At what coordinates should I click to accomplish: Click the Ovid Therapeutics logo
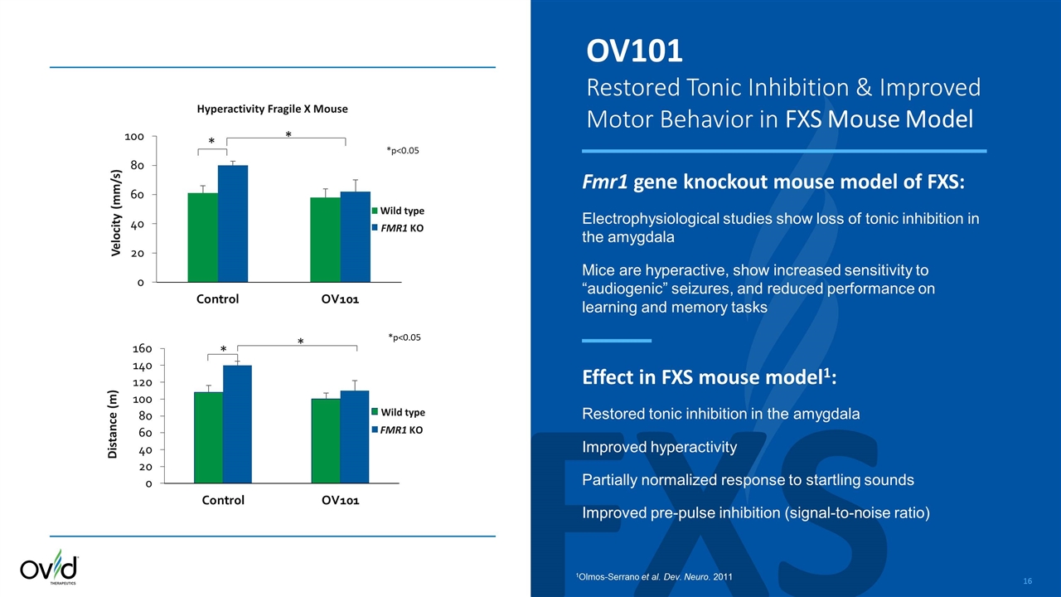pyautogui.click(x=49, y=569)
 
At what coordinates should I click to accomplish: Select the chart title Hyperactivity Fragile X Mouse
pyautogui.click(x=272, y=109)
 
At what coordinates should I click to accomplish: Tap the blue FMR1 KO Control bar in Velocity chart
pyautogui.click(x=233, y=224)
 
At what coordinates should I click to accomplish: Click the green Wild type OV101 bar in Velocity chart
pyautogui.click(x=325, y=240)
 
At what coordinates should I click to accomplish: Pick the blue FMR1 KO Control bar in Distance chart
pyautogui.click(x=237, y=424)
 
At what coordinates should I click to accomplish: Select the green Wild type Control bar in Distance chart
pyautogui.click(x=208, y=437)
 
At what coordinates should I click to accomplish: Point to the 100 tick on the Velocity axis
pyautogui.click(x=135, y=136)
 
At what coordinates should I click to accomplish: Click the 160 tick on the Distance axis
pyautogui.click(x=143, y=348)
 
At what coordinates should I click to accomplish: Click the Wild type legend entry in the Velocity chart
pyautogui.click(x=402, y=211)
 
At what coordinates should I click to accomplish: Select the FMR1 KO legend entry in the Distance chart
pyautogui.click(x=402, y=430)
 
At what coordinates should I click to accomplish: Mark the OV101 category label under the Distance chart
pyautogui.click(x=340, y=501)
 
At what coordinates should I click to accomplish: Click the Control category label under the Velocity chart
pyautogui.click(x=217, y=299)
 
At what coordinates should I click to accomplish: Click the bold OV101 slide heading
pyautogui.click(x=634, y=51)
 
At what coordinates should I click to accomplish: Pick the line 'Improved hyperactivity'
pyautogui.click(x=659, y=447)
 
